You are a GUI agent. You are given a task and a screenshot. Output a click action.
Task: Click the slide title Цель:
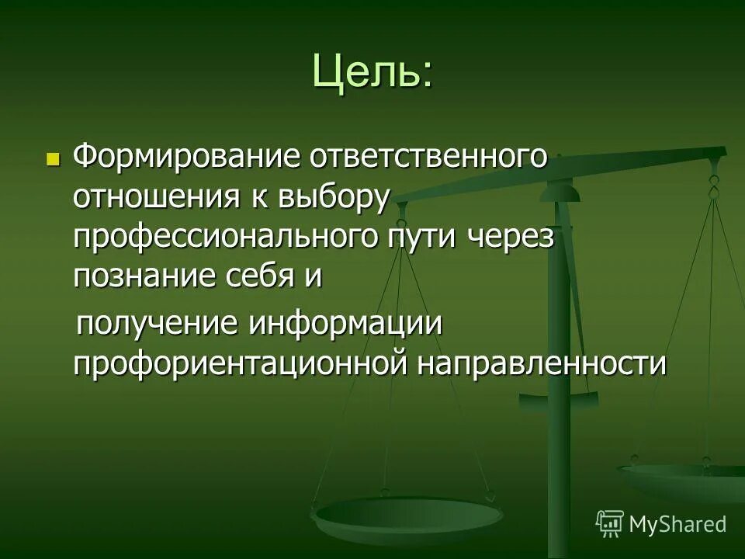(x=372, y=71)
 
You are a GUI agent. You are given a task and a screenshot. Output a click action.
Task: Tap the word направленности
(x=542, y=363)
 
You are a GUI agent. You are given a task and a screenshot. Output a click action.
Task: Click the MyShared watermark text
(x=677, y=523)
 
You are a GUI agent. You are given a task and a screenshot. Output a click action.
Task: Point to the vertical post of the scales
(x=559, y=349)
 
